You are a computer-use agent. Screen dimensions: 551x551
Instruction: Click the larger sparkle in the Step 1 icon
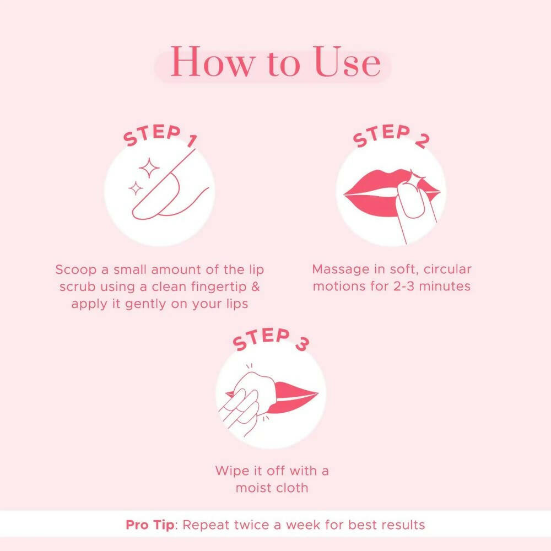[x=148, y=168]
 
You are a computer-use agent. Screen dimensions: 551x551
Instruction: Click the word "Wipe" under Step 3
[x=232, y=471]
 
